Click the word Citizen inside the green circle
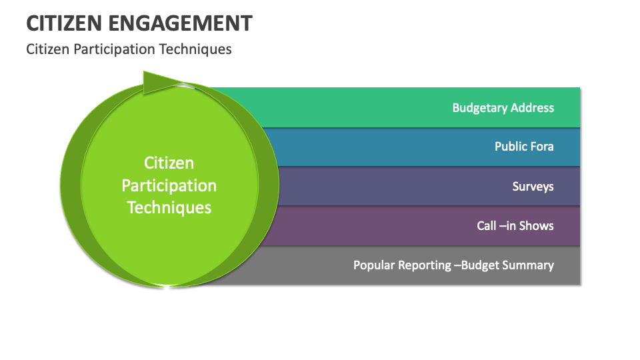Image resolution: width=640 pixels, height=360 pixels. pos(169,163)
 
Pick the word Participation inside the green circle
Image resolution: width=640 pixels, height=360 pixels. pos(169,185)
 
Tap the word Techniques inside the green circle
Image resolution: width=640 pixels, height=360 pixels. pos(169,207)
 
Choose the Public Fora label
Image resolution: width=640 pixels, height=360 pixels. pos(524,147)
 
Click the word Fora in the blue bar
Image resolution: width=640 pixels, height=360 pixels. pos(542,147)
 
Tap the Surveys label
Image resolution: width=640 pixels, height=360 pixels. pos(533,186)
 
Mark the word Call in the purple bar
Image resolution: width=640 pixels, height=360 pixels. pos(487,225)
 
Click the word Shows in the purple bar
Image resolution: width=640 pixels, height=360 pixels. pos(537,225)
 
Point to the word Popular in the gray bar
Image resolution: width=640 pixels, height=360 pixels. pos(374,265)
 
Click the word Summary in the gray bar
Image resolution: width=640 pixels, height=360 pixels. pos(529,265)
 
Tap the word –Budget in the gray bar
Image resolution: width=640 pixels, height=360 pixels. pos(477,265)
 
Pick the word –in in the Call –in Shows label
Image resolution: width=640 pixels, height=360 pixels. pos(507,225)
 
